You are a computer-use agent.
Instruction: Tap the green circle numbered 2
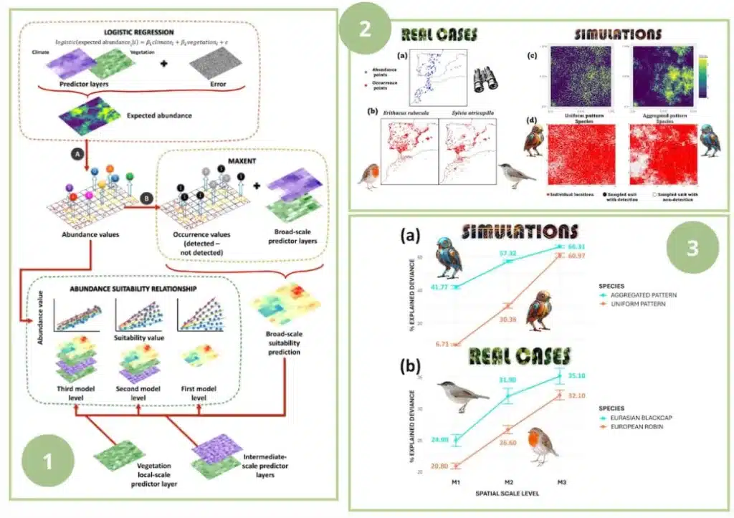366,29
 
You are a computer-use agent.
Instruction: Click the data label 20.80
441,466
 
